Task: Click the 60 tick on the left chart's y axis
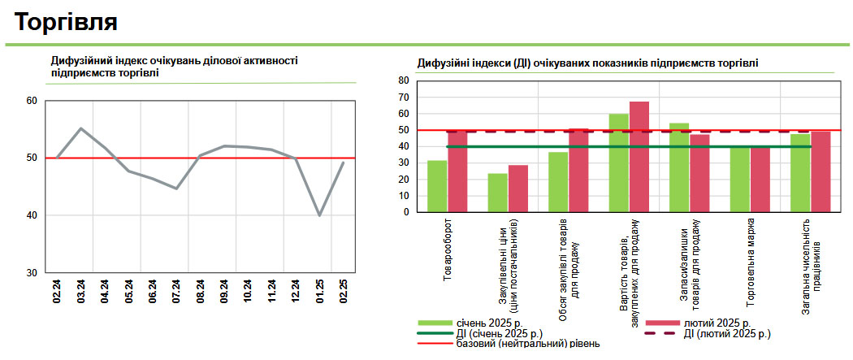(32, 101)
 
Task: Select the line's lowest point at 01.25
(319, 215)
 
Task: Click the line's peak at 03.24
(81, 128)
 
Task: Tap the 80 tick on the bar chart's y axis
(404, 80)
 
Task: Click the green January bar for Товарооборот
(437, 186)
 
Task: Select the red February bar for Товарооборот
(457, 171)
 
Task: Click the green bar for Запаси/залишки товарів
(679, 167)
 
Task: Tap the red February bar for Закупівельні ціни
(518, 189)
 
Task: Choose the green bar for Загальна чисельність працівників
(800, 172)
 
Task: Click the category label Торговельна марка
(751, 260)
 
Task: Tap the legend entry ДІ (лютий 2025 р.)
(727, 333)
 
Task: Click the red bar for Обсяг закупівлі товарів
(578, 170)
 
